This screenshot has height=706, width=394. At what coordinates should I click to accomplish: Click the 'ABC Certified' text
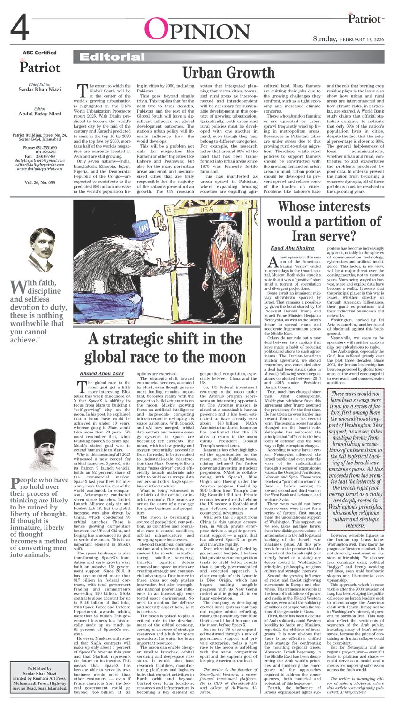pyautogui.click(x=39, y=53)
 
